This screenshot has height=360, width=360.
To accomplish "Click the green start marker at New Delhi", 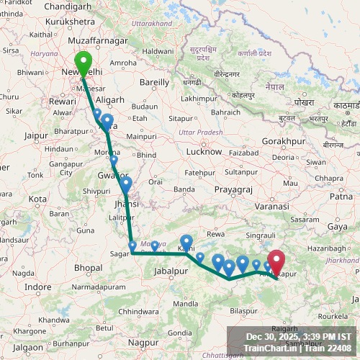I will [83, 63].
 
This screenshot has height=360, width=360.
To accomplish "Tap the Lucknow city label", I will [203, 152].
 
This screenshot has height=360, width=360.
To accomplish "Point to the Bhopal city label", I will [88, 267].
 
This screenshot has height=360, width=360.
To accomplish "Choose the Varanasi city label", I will [273, 206].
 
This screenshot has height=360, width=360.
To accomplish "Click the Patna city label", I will [341, 195].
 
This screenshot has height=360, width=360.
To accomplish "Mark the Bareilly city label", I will [154, 83].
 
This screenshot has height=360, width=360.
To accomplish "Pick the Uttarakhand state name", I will [152, 23].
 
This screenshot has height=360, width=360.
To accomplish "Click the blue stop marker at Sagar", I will [132, 247].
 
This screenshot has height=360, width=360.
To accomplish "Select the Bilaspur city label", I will [245, 311].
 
